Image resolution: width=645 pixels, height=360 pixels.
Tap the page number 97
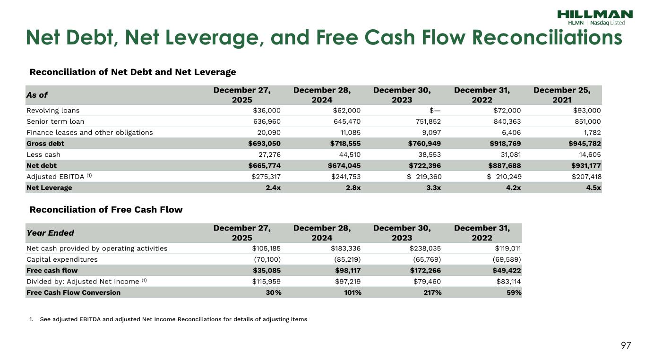coord(626,346)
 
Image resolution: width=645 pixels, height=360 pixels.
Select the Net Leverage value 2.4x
coord(272,188)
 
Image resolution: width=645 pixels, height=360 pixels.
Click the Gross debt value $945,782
coord(584,143)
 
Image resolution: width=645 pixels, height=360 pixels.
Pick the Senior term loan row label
coord(55,121)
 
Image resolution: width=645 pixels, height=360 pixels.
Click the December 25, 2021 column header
coord(562,94)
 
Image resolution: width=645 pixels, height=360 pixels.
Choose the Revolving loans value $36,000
coord(267,111)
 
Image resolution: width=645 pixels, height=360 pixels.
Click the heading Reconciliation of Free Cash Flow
coord(106,209)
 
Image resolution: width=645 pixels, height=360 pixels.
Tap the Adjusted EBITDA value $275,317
coord(267,177)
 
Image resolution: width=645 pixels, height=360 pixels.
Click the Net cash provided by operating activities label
coord(97,249)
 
